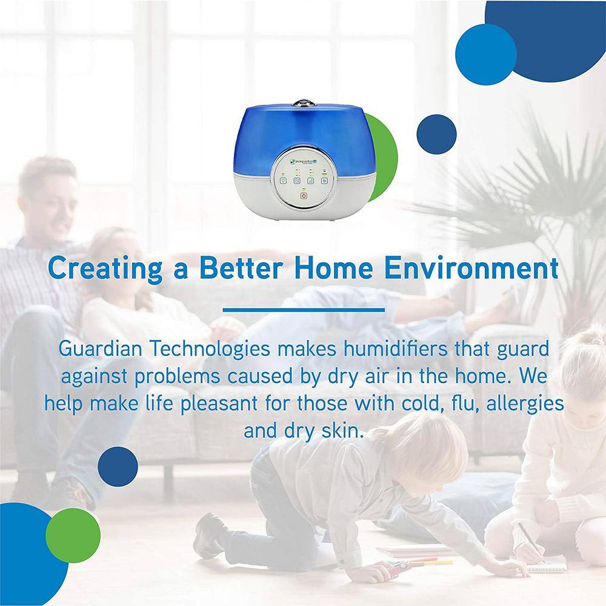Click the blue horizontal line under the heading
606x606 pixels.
click(x=304, y=310)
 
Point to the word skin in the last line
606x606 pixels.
click(x=342, y=430)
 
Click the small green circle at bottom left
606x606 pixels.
click(x=73, y=536)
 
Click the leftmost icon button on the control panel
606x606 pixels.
click(x=283, y=180)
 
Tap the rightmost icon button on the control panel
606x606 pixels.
click(x=325, y=180)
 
